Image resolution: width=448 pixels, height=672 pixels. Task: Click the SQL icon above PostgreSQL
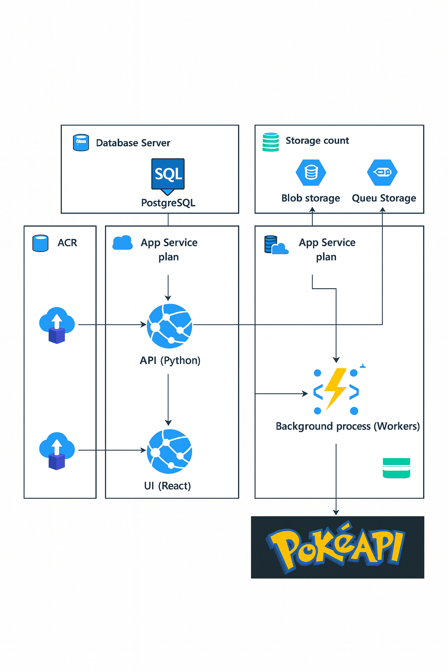[168, 175]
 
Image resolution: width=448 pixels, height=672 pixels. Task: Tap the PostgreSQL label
[168, 203]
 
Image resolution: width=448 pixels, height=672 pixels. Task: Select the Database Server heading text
[133, 143]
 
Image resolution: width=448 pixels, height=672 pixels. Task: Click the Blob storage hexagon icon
[311, 172]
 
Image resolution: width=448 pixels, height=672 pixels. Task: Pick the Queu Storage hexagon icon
[382, 172]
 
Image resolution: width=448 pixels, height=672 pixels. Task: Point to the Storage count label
[317, 140]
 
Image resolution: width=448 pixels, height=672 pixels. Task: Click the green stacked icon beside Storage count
[270, 142]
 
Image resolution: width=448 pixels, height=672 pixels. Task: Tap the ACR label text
[67, 243]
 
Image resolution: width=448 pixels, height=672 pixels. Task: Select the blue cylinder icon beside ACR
[41, 243]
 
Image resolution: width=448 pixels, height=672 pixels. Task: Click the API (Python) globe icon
[170, 326]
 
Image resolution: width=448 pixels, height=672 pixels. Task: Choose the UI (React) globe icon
[170, 451]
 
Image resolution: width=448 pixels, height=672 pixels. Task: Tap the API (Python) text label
[170, 360]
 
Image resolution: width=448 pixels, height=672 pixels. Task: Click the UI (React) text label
[168, 486]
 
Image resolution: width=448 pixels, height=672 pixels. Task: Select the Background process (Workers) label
[348, 426]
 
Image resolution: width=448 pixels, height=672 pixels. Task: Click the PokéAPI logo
[337, 547]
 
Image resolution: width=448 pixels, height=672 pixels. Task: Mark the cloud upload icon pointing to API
[57, 325]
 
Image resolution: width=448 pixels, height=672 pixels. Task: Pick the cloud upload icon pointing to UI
[57, 451]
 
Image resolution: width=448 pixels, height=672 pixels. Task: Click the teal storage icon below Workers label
[396, 468]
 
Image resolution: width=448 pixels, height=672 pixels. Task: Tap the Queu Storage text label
[384, 198]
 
